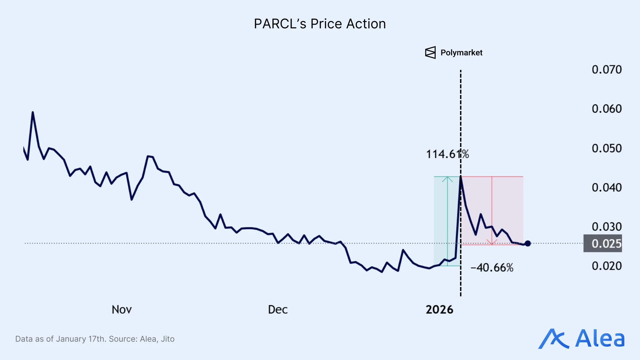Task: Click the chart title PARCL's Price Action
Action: point(320,24)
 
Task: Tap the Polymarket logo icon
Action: point(430,53)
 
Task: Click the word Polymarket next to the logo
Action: point(461,53)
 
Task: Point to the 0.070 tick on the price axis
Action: point(606,70)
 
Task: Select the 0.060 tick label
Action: point(606,109)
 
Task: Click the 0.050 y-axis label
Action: point(606,148)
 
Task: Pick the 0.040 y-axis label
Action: point(606,188)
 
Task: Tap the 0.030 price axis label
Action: point(606,227)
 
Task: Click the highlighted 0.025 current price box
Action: point(603,244)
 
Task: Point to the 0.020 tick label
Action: point(606,266)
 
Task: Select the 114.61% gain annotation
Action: point(447,154)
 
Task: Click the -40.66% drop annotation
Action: point(492,268)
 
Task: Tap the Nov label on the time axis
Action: point(122,310)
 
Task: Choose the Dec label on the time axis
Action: point(278,310)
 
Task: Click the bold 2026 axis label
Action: point(439,310)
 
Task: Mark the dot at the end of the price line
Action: point(528,244)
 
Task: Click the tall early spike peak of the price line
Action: point(33,113)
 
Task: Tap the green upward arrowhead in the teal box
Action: point(447,179)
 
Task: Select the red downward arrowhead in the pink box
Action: point(492,242)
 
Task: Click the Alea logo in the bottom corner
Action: point(582,339)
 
